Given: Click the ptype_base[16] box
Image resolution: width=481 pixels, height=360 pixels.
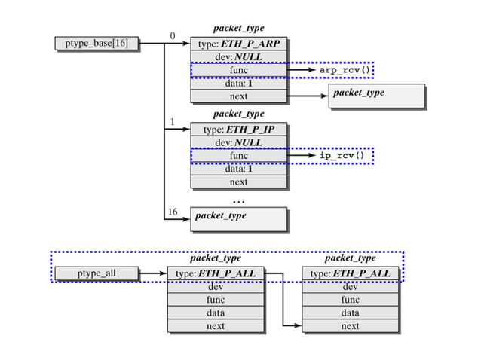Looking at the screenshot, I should click(97, 44).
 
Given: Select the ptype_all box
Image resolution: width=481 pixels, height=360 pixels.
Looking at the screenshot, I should click(97, 273).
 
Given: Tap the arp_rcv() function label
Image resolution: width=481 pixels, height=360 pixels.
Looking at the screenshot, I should click(345, 70).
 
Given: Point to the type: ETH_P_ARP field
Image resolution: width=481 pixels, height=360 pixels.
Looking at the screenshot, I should click(238, 44).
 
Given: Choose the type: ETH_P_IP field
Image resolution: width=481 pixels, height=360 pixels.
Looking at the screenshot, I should click(238, 130).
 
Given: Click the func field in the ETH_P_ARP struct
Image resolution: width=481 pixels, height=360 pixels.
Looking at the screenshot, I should click(238, 70).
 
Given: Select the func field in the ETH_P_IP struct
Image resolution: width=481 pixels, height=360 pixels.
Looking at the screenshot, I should click(238, 156).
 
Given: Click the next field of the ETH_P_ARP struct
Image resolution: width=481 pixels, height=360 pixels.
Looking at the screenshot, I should click(238, 96).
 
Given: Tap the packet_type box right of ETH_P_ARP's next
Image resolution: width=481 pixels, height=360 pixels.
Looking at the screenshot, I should click(376, 96).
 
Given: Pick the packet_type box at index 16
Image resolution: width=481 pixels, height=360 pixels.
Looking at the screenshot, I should click(238, 218).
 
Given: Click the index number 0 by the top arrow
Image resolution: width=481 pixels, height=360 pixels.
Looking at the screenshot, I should click(172, 35).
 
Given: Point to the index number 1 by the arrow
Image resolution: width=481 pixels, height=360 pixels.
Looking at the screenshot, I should click(172, 121).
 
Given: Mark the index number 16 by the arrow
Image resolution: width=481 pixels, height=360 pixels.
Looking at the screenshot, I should click(172, 212).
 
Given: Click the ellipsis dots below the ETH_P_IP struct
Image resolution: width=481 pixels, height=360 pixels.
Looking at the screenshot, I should click(238, 201).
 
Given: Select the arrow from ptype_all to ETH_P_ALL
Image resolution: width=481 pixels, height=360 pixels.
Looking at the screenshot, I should click(153, 273).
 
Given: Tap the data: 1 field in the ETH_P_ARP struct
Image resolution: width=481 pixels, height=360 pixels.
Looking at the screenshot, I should click(238, 83).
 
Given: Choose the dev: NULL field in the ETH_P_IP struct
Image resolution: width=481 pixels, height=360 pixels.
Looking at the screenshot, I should click(238, 142).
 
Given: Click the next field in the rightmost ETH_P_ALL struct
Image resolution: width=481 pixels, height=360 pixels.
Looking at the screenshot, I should click(350, 326).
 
